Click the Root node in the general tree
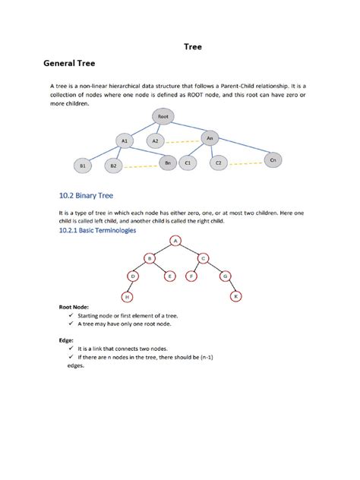tap(163, 117)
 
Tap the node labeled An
tap(210, 138)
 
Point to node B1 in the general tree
tap(82, 165)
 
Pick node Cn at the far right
tap(273, 160)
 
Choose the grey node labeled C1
tap(188, 163)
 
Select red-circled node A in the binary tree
tap(177, 241)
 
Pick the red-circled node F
tap(191, 276)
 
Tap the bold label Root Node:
tap(75, 308)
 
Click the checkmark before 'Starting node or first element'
tap(69, 315)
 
